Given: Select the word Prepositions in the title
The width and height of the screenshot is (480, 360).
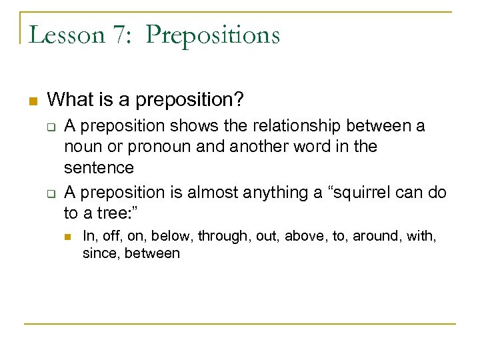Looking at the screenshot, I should click(213, 35).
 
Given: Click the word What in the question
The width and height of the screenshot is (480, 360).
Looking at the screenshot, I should click(69, 100).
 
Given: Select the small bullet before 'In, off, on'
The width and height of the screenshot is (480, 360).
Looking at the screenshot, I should click(68, 235).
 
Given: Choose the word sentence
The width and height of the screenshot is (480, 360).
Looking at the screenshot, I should click(99, 167).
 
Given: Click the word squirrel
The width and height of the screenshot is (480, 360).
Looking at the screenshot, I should click(358, 193).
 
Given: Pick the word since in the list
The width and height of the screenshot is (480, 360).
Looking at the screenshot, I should click(99, 253).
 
